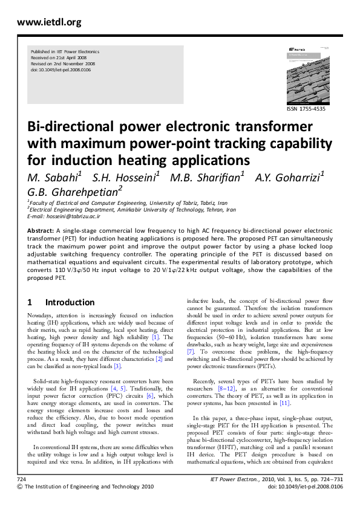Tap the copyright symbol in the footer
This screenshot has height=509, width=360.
21,503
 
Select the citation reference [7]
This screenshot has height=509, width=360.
190,351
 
